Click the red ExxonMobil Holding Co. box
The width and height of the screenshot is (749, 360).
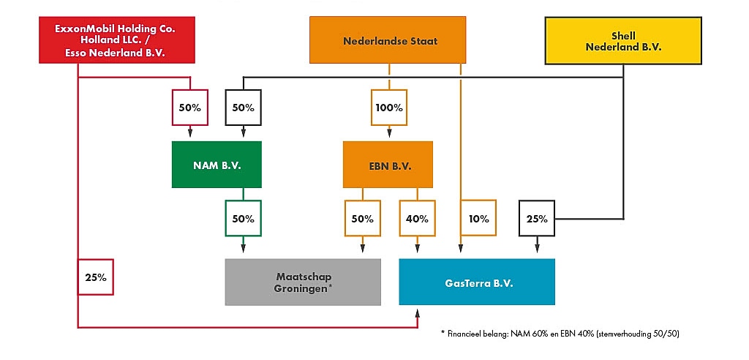click(117, 41)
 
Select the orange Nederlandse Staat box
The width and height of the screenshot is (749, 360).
click(388, 41)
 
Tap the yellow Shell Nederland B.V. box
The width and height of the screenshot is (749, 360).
click(623, 41)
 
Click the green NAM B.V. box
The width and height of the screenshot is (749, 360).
click(217, 165)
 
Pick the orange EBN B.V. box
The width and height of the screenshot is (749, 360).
click(388, 165)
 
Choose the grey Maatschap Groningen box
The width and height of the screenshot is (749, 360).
click(302, 282)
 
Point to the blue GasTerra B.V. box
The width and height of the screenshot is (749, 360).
click(477, 282)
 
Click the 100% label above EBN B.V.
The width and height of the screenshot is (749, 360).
click(389, 108)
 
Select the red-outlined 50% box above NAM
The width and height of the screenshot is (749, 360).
click(189, 108)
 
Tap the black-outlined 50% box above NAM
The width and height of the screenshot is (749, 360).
click(243, 108)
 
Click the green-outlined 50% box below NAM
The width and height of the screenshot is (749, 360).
click(243, 218)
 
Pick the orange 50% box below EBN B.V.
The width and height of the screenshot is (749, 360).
click(362, 218)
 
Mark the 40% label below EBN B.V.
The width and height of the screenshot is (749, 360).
click(417, 218)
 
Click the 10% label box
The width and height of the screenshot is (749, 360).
click(479, 218)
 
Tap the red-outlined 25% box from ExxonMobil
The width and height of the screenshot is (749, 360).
click(96, 277)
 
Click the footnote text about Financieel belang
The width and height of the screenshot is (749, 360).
click(560, 334)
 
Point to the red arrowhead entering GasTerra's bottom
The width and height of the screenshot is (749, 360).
click(418, 313)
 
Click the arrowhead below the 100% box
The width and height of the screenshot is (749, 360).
click(389, 134)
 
